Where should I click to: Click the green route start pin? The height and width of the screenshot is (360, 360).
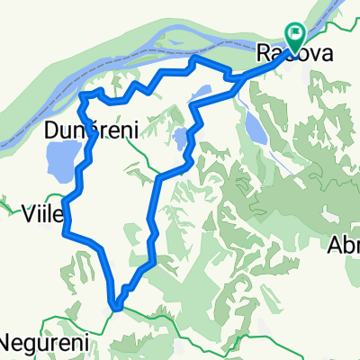click(x=295, y=34)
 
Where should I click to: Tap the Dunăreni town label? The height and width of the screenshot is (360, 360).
click(x=90, y=131)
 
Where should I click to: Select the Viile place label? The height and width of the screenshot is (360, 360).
click(x=41, y=213)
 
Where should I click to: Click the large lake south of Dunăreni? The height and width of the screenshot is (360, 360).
click(x=57, y=163)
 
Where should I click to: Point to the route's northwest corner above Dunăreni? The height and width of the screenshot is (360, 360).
click(x=84, y=94)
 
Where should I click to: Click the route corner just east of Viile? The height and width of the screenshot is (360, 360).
click(x=65, y=232)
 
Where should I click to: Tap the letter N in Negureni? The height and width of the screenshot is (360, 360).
click(x=6, y=343)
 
